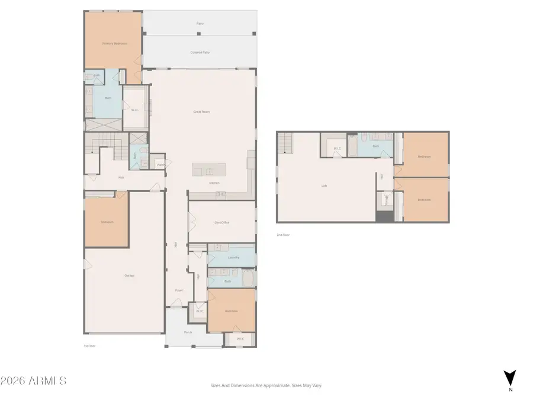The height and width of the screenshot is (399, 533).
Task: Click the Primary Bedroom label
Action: tap(112, 43)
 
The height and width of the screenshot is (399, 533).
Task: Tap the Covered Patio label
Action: tap(200, 53)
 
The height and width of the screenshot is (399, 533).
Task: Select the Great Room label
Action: tap(201, 111)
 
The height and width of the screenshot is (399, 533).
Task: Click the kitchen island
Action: tap(208, 170)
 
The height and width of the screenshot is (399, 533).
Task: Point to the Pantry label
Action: tap(160, 165)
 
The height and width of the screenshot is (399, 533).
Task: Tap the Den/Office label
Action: tap(221, 222)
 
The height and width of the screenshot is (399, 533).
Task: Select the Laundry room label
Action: tap(233, 258)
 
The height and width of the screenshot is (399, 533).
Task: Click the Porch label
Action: tap(188, 332)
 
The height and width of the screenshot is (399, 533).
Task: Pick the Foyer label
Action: tap(178, 290)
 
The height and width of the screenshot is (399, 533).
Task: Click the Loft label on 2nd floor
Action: tap(324, 186)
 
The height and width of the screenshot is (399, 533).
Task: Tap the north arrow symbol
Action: tap(510, 378)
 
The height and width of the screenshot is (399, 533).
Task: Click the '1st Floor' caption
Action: tap(89, 346)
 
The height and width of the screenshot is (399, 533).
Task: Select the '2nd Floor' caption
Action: tap(284, 235)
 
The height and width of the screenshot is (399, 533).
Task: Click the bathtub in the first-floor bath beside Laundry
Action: tap(247, 278)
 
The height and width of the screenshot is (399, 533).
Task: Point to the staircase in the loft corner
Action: tap(285, 142)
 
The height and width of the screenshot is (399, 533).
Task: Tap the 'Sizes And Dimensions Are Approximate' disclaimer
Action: tap(266, 385)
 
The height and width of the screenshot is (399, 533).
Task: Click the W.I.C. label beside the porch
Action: tap(240, 339)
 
